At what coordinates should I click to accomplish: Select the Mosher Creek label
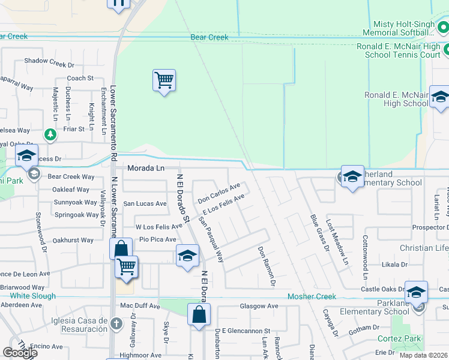pos(312,296)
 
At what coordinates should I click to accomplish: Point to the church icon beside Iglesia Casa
pos(116,325)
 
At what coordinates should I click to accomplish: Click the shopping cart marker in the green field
pos(164,80)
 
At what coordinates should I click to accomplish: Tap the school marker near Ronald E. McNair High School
pos(439,98)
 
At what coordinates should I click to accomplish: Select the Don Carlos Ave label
pos(219,192)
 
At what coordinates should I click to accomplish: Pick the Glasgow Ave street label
pos(259,306)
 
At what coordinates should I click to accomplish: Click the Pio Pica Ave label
pos(158,239)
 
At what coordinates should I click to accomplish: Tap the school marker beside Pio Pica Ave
pos(187,256)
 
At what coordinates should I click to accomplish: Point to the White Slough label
pos(32,296)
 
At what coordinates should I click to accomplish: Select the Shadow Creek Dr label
pos(49,61)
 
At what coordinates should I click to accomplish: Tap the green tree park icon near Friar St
pos(51,133)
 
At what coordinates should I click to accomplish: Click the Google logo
pos(20,353)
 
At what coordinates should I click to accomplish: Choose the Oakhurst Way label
pos(73,241)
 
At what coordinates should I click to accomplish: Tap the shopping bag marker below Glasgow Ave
pos(199,314)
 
